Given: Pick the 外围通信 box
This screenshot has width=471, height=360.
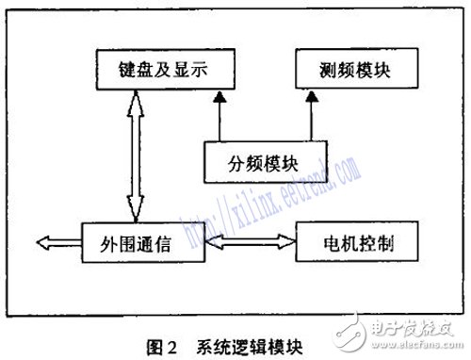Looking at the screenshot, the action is point(142,244).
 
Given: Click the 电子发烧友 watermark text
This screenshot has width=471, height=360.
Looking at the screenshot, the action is point(414,329).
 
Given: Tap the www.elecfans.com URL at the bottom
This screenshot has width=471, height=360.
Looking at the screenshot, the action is point(414,347).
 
